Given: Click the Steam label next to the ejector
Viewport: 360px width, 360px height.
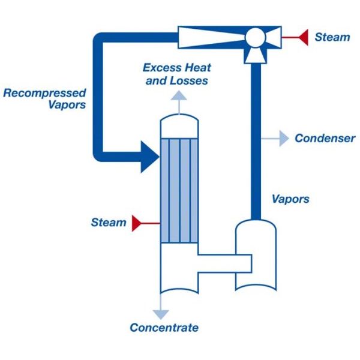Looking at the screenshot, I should point(332,37).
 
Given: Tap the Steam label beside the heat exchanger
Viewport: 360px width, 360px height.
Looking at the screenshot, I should point(109,223).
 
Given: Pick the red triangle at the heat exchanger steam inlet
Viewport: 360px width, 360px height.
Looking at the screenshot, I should point(138,223).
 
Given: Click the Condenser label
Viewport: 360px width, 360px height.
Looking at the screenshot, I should point(325,139).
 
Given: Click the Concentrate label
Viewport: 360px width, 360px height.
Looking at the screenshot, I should point(164,328).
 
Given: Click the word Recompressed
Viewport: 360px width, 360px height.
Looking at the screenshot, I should point(44,93).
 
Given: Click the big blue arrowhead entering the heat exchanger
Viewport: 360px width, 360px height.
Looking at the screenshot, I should point(149,155).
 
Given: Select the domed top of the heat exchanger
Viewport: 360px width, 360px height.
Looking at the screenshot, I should point(179,125).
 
